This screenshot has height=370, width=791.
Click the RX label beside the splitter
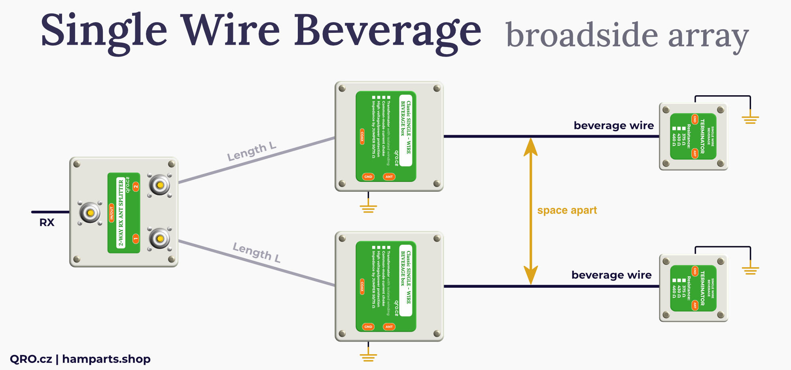pyautogui.click(x=47, y=223)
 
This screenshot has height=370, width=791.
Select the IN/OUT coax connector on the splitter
pyautogui.click(x=90, y=213)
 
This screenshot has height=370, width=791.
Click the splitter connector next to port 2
pyautogui.click(x=160, y=185)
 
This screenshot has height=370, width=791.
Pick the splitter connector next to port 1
pyautogui.click(x=160, y=239)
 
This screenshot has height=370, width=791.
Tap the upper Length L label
pyautogui.click(x=252, y=152)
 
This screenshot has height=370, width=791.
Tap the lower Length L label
pyautogui.click(x=257, y=252)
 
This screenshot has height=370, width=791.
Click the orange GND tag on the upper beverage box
pyautogui.click(x=368, y=177)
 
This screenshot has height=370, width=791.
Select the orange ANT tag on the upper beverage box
pyautogui.click(x=389, y=177)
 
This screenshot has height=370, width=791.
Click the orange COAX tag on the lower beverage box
pyautogui.click(x=362, y=286)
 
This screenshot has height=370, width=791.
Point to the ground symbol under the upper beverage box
pyautogui.click(x=368, y=208)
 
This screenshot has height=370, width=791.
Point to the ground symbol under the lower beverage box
pyautogui.click(x=368, y=357)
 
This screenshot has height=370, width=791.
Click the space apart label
pyautogui.click(x=567, y=210)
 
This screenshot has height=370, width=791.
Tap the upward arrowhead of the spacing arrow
pyautogui.click(x=530, y=146)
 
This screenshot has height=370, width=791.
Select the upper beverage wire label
pyautogui.click(x=613, y=125)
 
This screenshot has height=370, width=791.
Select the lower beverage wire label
pyautogui.click(x=611, y=275)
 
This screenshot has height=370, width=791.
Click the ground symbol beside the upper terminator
pyautogui.click(x=750, y=119)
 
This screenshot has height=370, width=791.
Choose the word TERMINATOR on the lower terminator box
pyautogui.click(x=702, y=288)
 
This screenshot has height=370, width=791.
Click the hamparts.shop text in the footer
pyautogui.click(x=106, y=359)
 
